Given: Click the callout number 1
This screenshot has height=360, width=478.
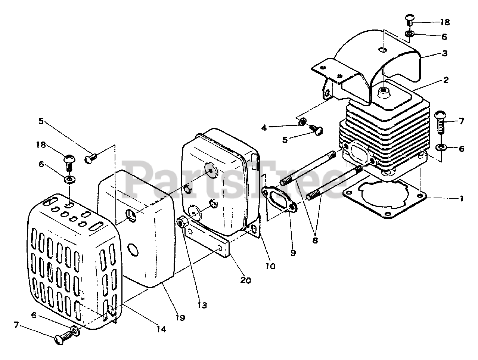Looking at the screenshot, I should tap(462, 199).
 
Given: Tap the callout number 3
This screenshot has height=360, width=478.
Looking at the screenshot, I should tap(444, 53).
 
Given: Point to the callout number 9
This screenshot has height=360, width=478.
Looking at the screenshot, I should tap(293, 253).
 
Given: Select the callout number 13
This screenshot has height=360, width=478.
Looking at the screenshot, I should tap(202, 305).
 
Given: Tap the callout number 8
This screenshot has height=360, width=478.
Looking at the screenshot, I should tap(315, 240).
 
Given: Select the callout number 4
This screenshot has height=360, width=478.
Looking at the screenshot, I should tap(264, 128).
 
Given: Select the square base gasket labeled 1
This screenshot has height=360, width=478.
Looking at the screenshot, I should tap(385, 200).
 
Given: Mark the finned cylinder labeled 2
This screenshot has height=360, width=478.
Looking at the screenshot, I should tap(388, 127).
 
